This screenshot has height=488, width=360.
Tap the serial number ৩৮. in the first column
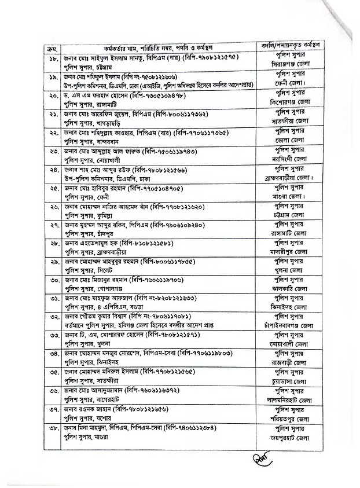(52, 429)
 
